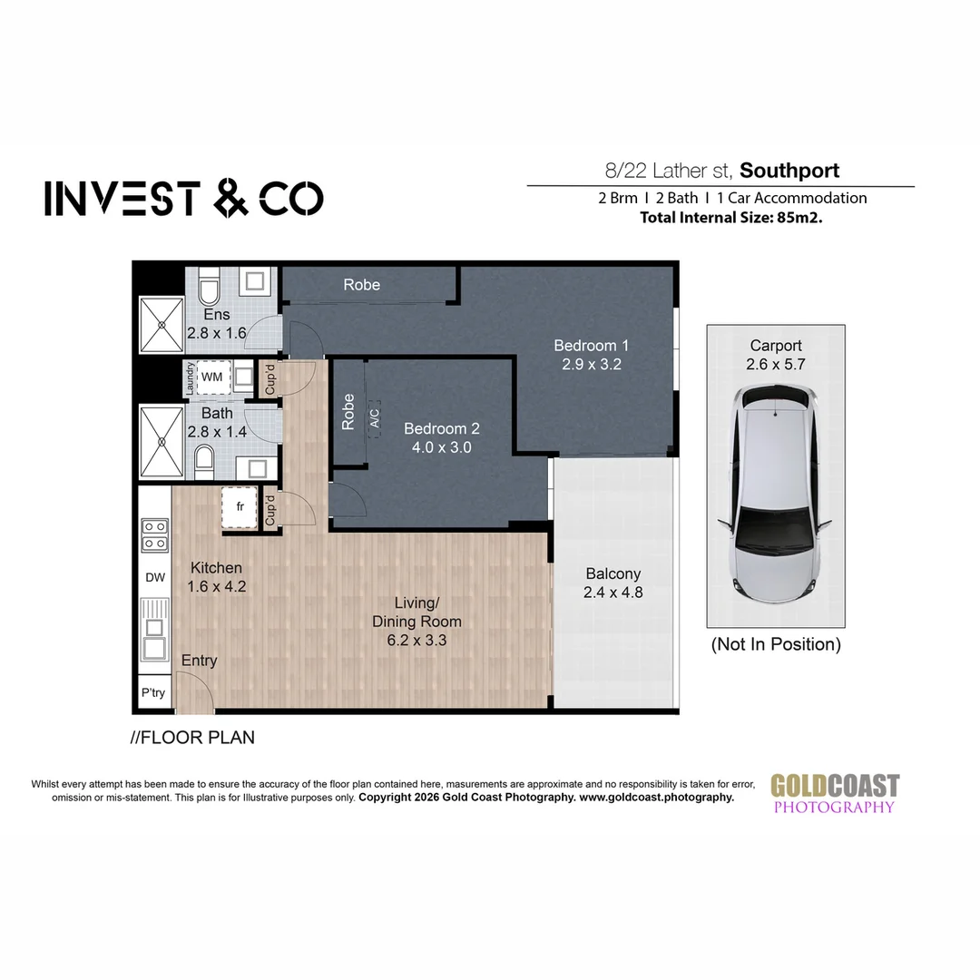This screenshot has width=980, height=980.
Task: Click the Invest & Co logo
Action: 183,199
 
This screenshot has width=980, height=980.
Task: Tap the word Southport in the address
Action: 789,171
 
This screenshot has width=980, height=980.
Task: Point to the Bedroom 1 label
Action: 591,346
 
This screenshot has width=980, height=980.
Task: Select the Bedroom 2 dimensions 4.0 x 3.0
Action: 441,447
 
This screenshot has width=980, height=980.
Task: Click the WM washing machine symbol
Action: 212,377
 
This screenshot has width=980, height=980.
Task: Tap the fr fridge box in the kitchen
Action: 240,507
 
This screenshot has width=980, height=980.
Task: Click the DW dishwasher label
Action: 155,577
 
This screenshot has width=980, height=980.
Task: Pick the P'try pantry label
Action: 153,692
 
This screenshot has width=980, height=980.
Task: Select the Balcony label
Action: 613,573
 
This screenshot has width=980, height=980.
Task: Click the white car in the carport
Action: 775,493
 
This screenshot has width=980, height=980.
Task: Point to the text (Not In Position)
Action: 776,644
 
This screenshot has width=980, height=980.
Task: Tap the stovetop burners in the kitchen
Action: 154,535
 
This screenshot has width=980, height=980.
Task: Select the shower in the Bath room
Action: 162,441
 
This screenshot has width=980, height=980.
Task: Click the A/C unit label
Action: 375,418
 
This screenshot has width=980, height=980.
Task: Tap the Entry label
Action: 199,661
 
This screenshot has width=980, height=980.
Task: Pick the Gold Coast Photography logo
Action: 835,793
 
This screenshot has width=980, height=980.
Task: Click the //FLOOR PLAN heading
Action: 192,738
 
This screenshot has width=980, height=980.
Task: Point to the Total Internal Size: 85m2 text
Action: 730,218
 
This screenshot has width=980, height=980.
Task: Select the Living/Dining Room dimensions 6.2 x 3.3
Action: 416,640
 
